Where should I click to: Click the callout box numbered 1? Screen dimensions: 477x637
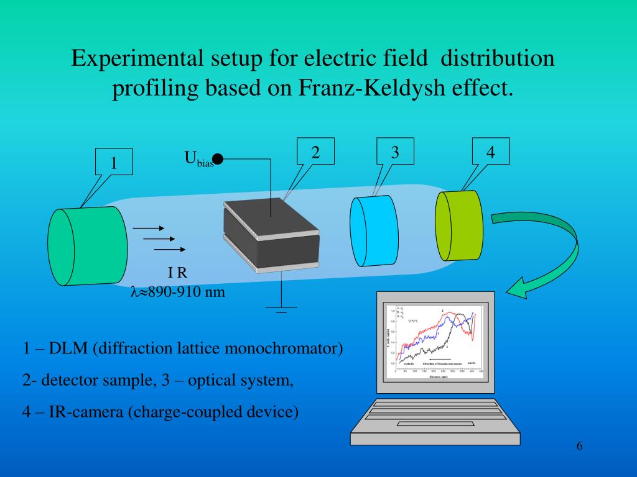[x=114, y=163]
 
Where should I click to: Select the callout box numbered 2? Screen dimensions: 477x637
[x=315, y=152]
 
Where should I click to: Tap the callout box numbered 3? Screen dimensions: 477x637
[x=395, y=152]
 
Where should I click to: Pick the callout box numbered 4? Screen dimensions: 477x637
[x=490, y=152]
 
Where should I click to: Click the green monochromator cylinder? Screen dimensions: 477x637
[x=87, y=246]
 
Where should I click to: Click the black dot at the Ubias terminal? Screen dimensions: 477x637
[x=218, y=160]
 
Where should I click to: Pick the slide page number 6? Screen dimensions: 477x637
[x=579, y=447]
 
